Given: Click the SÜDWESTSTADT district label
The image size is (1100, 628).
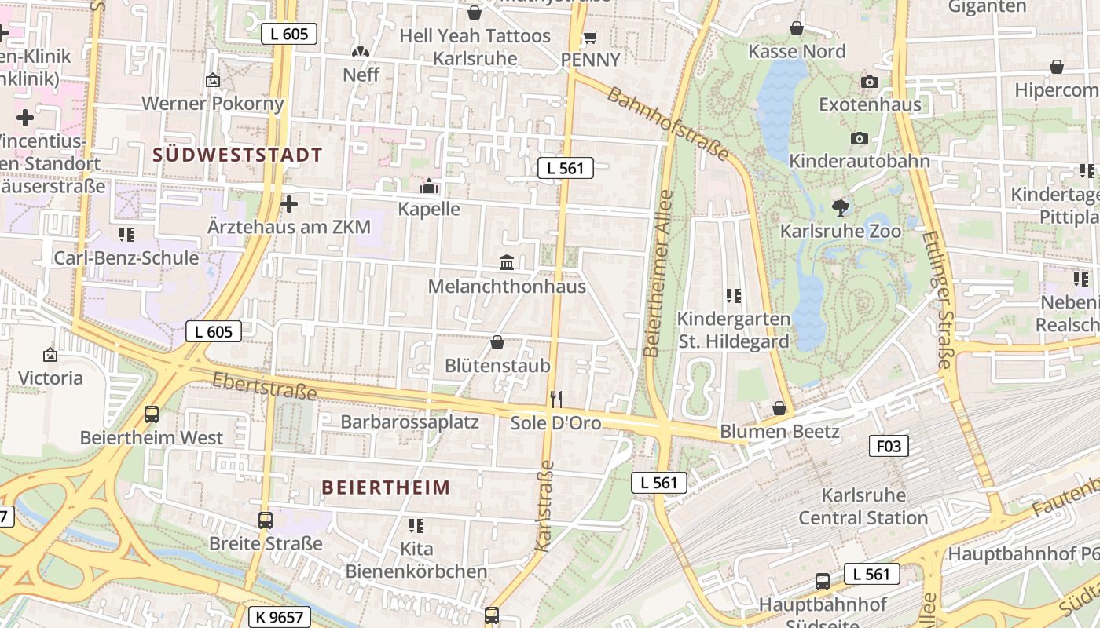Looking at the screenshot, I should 237,155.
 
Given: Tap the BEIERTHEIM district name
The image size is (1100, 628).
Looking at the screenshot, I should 386,487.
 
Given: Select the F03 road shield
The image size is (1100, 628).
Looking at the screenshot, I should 889,447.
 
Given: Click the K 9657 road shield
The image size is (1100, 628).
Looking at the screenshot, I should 280,617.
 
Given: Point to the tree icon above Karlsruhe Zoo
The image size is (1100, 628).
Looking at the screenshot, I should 841,208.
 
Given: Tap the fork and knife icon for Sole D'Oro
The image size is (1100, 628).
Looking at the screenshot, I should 556,400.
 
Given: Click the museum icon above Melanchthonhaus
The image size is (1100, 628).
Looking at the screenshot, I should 507,262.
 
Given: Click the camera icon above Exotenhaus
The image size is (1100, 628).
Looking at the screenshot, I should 869,82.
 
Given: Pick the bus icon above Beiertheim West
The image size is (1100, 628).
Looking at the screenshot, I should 152,414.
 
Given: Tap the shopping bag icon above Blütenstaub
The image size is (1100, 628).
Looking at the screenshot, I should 497,342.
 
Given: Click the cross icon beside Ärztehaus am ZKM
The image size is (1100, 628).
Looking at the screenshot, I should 289,204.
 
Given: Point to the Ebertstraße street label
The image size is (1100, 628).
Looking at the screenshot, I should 265,385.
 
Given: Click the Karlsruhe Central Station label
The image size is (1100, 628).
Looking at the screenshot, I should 863,506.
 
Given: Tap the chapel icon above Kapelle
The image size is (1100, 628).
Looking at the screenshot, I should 429,186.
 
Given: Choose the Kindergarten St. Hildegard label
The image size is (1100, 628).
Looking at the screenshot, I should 733,330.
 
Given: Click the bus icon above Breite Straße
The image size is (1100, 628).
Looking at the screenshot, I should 266,520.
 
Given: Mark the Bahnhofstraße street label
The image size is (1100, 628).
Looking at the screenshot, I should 669,123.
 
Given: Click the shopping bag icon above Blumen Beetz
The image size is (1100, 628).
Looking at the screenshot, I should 779,408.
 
